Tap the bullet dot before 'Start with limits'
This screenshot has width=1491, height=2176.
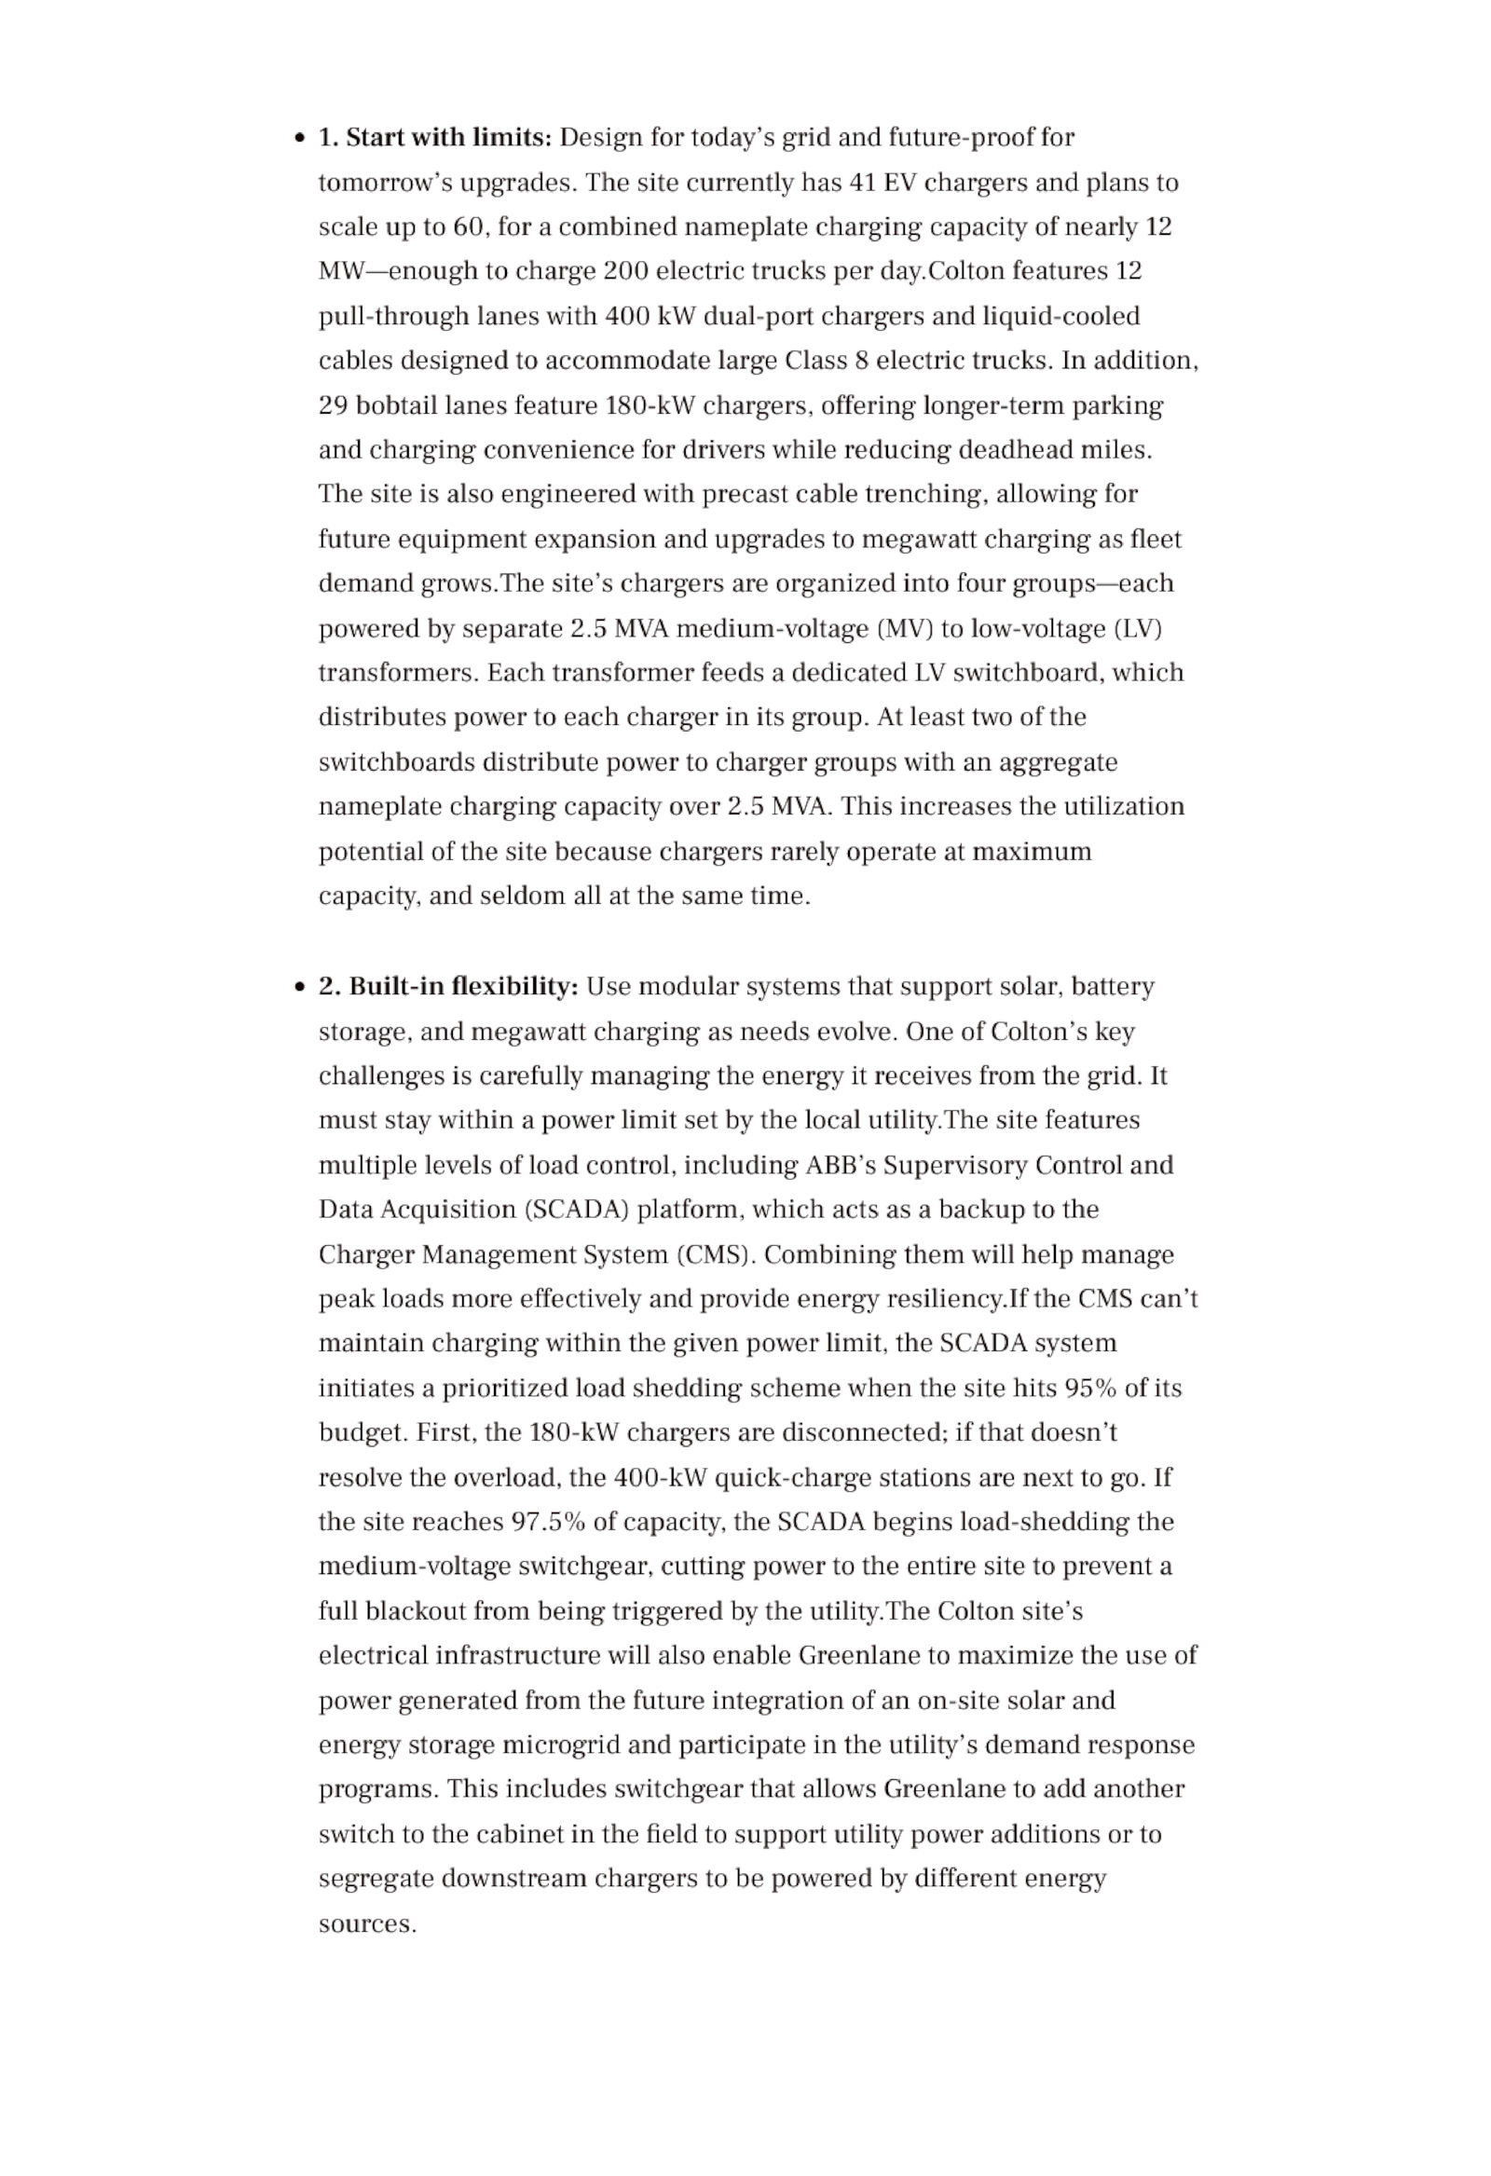point(300,139)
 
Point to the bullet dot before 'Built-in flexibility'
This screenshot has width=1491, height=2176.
point(300,988)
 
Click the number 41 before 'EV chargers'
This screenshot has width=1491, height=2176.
point(862,183)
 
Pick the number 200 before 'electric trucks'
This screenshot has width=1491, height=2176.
point(625,271)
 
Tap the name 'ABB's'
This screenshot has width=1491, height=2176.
point(841,1166)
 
